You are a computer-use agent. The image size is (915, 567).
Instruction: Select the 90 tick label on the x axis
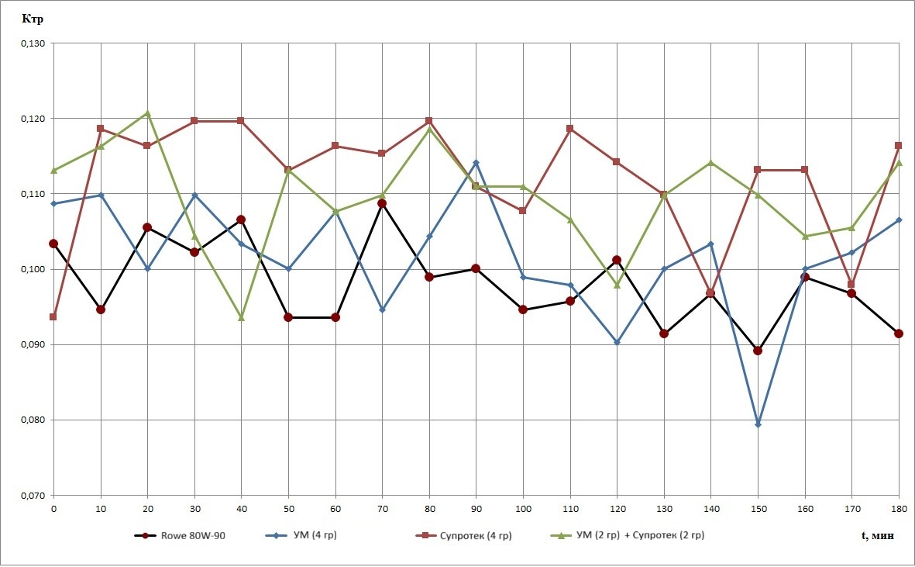click(476, 508)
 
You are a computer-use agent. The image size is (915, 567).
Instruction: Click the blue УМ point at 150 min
click(758, 424)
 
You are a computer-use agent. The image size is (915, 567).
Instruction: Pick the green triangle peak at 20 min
click(147, 114)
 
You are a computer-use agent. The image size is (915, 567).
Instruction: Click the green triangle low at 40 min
click(241, 318)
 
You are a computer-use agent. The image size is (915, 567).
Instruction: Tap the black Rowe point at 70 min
click(382, 203)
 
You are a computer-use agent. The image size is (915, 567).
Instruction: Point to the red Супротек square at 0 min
click(53, 316)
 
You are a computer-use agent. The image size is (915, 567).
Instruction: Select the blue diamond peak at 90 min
click(476, 163)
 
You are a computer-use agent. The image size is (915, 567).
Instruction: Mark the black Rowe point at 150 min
click(758, 351)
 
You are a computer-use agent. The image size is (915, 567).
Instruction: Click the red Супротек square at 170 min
click(851, 284)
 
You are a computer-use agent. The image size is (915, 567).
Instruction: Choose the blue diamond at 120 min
click(617, 342)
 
